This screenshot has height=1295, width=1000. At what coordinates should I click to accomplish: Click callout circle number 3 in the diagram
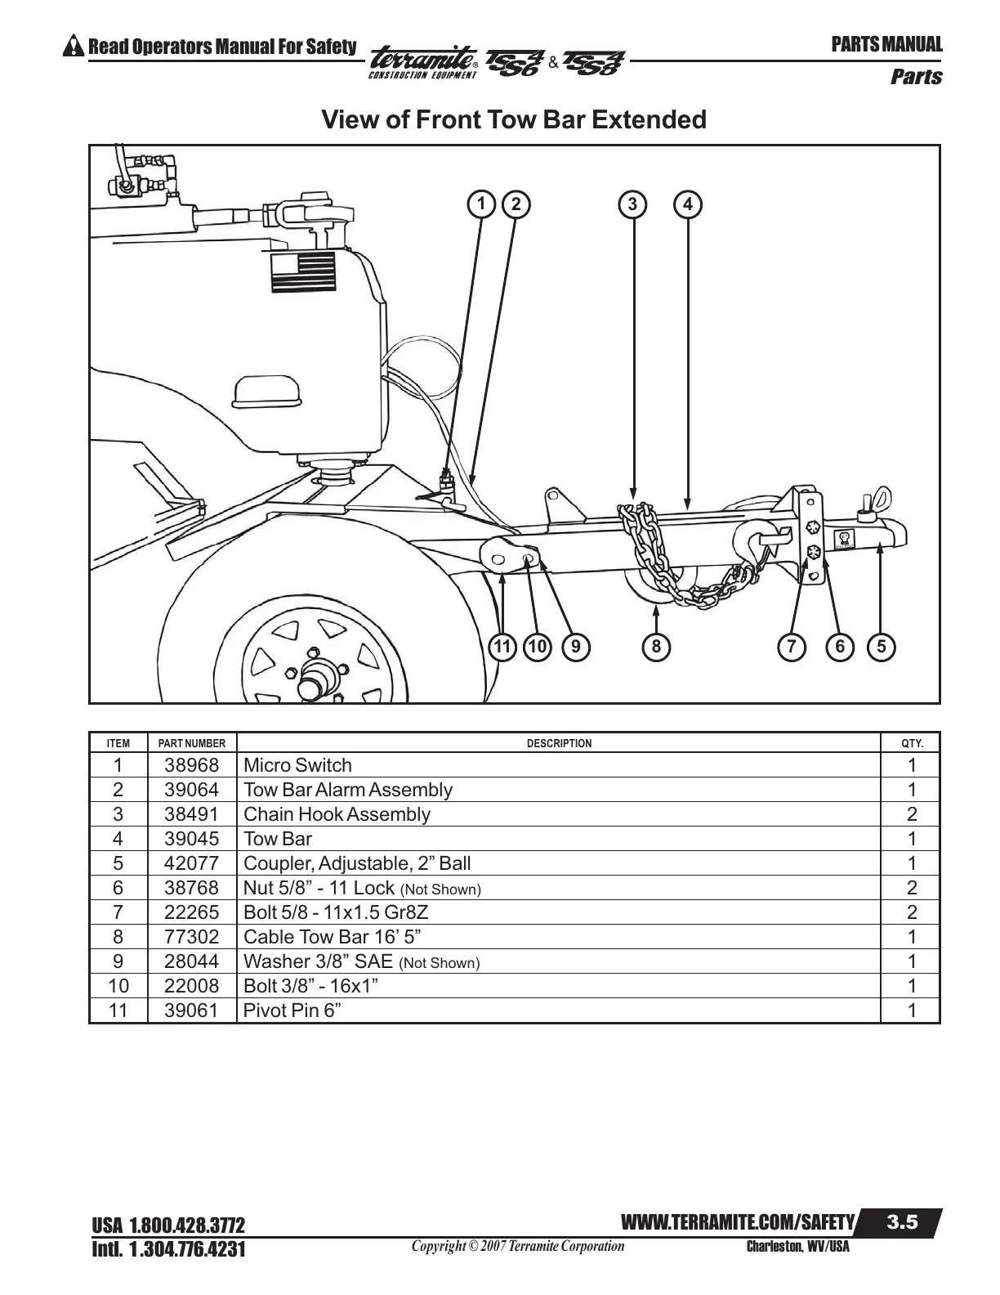pyautogui.click(x=632, y=204)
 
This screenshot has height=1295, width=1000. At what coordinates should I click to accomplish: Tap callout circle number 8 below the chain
pyautogui.click(x=656, y=647)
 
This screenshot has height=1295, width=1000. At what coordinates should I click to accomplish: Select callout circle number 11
pyautogui.click(x=502, y=647)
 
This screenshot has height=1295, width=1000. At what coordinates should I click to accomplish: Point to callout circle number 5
pyautogui.click(x=881, y=647)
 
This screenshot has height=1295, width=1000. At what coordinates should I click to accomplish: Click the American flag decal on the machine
pyautogui.click(x=303, y=272)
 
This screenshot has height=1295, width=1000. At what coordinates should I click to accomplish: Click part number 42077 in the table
pyautogui.click(x=192, y=863)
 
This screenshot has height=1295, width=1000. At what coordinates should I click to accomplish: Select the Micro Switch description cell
pyautogui.click(x=298, y=765)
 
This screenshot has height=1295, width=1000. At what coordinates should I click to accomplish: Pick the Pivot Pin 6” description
pyautogui.click(x=292, y=1010)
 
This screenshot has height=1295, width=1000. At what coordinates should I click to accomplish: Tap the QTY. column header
pyautogui.click(x=911, y=743)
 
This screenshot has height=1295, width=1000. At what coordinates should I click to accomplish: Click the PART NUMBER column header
pyautogui.click(x=192, y=743)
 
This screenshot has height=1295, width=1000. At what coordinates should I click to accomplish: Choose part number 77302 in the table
pyautogui.click(x=192, y=937)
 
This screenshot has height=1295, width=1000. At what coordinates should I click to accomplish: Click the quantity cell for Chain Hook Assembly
pyautogui.click(x=911, y=814)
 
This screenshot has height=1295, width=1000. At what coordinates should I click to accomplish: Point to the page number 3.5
pyautogui.click(x=902, y=1222)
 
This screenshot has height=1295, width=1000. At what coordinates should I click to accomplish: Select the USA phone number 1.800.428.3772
pyautogui.click(x=168, y=1226)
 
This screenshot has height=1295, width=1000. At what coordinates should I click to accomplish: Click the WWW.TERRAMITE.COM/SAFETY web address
pyautogui.click(x=738, y=1223)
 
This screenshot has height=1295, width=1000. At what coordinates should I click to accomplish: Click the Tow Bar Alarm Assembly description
pyautogui.click(x=348, y=790)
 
